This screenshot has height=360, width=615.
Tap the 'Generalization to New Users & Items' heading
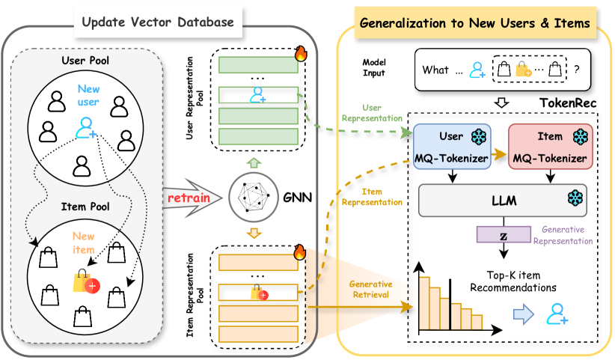[x=474, y=23]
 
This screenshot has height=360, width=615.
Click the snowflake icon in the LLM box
[x=575, y=198]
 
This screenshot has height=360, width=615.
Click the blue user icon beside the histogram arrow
[x=555, y=314]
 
